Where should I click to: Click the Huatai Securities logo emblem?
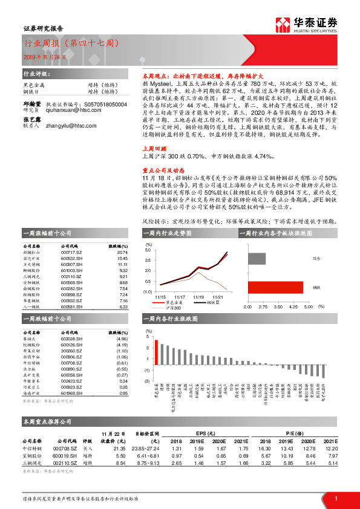[x=283, y=25]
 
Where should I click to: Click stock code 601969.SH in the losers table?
[x=71, y=393]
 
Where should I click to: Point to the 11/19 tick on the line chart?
[x=198, y=297]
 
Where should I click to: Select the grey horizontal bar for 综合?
[x=257, y=259]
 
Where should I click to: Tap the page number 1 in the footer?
[x=335, y=498]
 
